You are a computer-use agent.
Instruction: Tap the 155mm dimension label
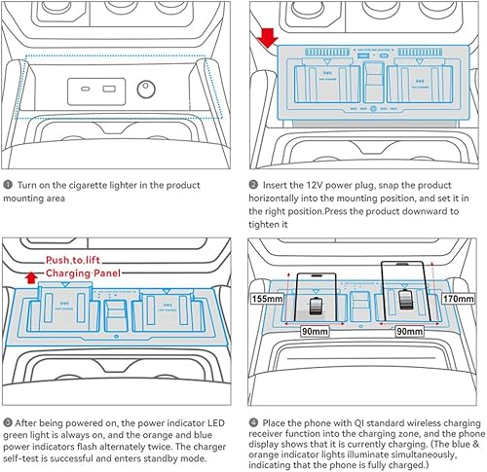pos(267,300)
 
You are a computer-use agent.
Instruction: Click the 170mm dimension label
pos(461,300)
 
